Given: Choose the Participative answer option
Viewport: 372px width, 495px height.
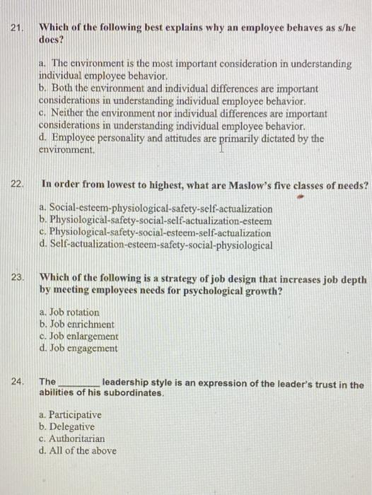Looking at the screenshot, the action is click(71, 415).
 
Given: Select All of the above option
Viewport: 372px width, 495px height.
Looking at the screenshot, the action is click(79, 451).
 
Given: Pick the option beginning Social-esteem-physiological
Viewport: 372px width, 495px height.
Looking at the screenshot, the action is click(156, 209).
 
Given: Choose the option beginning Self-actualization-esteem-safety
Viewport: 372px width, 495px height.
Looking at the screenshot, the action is click(156, 245).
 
